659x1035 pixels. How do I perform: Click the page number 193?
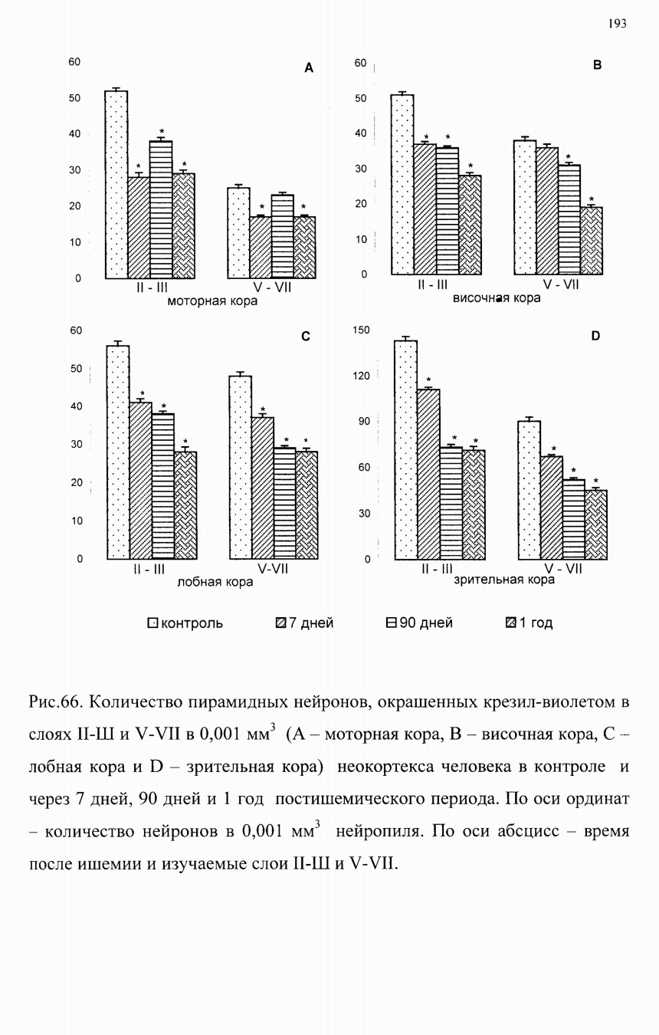(617, 24)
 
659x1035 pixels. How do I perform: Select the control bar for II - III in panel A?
(116, 184)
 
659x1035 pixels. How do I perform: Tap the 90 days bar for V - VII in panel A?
(282, 237)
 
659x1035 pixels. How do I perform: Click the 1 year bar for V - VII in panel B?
(591, 241)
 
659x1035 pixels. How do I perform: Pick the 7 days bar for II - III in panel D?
(428, 475)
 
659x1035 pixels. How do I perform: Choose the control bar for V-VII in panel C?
(241, 468)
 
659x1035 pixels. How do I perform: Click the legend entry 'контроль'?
(185, 623)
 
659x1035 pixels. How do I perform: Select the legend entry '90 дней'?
(419, 623)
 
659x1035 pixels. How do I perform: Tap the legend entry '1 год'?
(529, 623)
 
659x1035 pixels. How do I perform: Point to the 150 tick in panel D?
(361, 330)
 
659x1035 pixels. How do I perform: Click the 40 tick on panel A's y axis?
(75, 134)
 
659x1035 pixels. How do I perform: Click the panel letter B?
(597, 65)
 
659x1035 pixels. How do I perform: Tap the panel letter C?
(305, 337)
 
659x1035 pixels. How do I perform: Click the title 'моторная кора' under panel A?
(212, 301)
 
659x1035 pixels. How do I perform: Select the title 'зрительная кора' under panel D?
(504, 580)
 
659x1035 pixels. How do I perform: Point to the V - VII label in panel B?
(560, 284)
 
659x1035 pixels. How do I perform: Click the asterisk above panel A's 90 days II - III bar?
(162, 132)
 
